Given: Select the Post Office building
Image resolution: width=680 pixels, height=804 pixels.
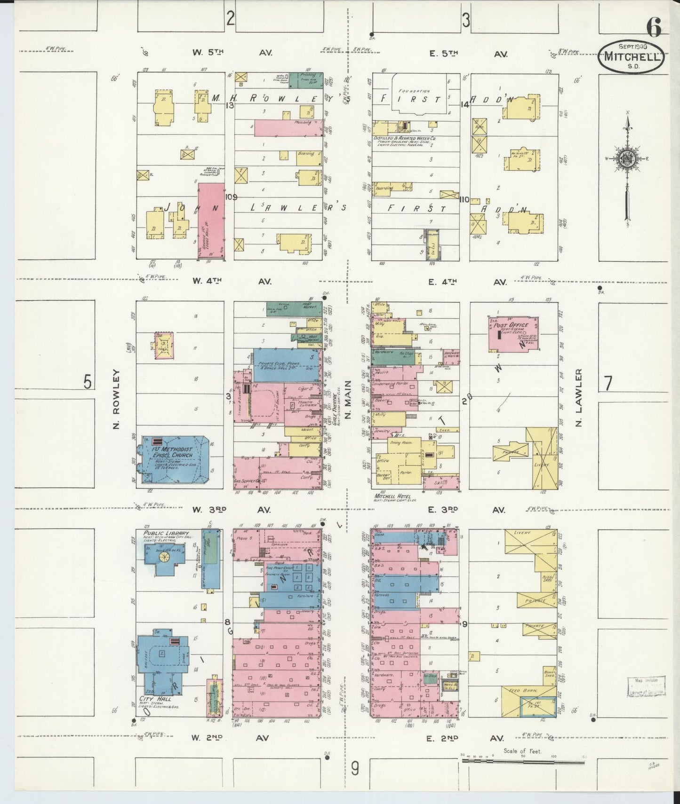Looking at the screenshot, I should click(x=513, y=333).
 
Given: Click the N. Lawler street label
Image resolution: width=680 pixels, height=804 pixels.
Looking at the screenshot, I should click(x=579, y=397).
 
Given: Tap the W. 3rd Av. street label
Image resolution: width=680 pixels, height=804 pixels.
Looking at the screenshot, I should click(x=231, y=510).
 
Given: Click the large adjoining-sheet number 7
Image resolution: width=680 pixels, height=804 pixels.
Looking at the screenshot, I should click(x=608, y=384).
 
